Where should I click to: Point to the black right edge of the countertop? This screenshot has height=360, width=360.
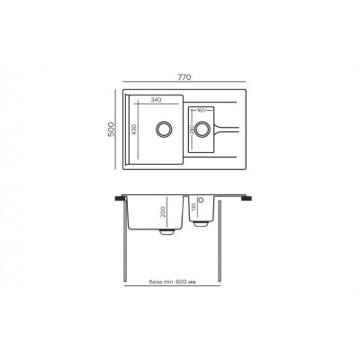click(249, 195)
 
